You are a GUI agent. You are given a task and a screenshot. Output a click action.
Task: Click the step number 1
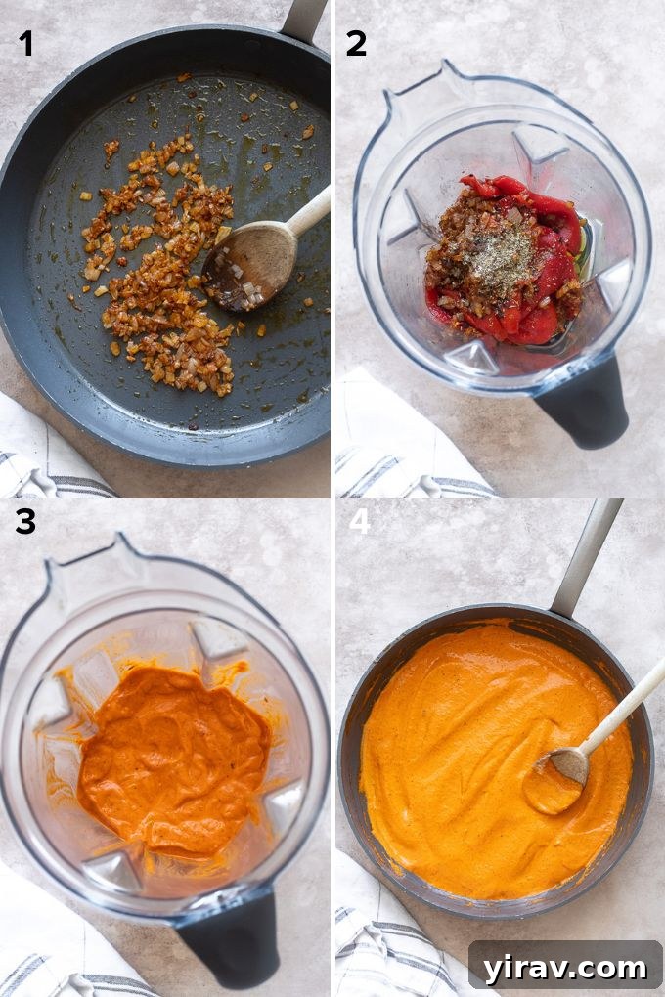click(25, 43)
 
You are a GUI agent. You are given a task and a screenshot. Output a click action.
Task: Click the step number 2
click(356, 43)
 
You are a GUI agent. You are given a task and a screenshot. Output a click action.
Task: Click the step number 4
click(360, 520)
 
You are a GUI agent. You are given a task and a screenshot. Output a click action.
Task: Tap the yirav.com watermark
click(564, 968)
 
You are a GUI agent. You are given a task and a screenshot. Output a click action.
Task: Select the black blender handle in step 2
click(584, 401)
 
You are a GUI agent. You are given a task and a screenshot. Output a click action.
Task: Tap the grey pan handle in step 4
click(586, 557)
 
